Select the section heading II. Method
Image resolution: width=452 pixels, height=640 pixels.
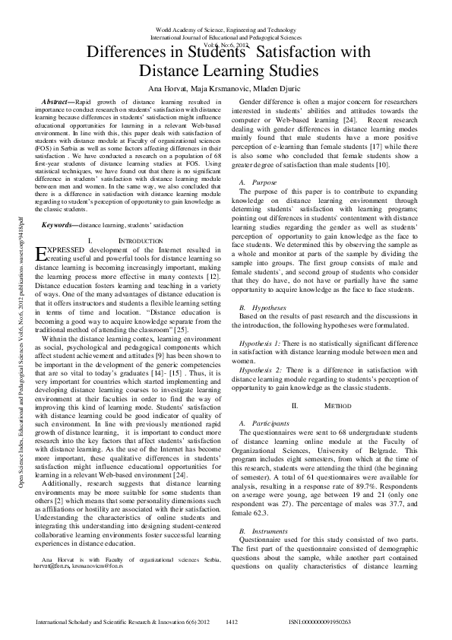[326, 406]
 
